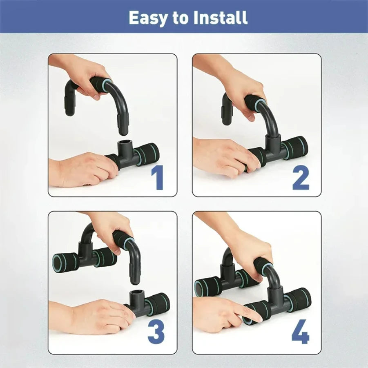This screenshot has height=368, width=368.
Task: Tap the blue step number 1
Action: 157,178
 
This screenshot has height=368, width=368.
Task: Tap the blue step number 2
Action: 301,178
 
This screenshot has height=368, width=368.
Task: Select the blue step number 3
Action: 156,332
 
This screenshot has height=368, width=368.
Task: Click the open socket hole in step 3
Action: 135,294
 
